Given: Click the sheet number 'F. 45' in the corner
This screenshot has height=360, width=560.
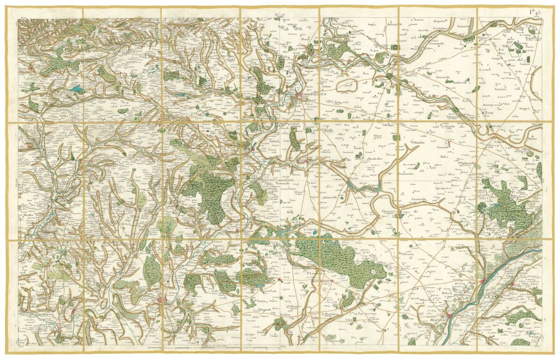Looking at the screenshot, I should tap(534, 12).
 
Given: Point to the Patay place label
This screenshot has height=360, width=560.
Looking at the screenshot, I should tap(489, 113).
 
